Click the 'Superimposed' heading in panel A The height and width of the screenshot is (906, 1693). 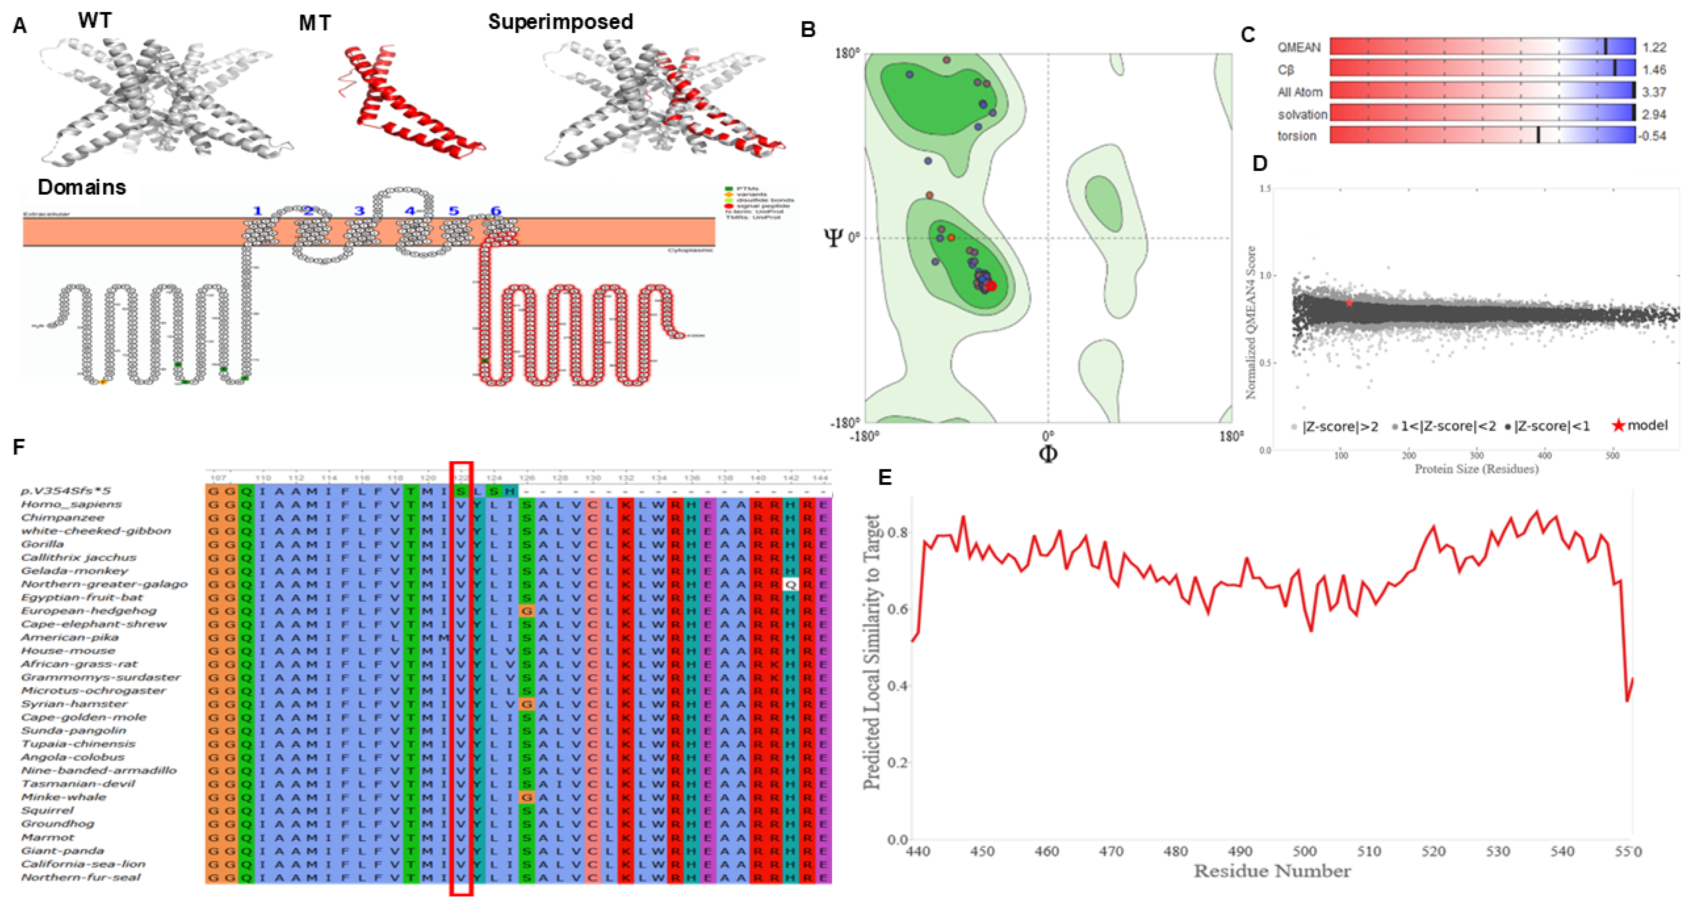tap(560, 22)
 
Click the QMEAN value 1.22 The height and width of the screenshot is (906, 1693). tap(1654, 48)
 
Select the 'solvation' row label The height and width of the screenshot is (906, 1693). tap(1302, 114)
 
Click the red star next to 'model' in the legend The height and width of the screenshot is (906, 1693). tap(1618, 425)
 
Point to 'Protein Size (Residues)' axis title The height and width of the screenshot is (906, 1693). tap(1476, 469)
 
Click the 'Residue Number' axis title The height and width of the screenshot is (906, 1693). tap(1272, 871)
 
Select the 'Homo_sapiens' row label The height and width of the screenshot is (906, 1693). tap(71, 504)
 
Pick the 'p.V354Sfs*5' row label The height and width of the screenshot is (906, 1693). tap(66, 490)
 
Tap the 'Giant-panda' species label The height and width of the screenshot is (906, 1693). tap(62, 851)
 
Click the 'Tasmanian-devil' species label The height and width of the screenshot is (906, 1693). tap(77, 784)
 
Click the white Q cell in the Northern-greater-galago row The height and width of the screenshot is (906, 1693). tap(790, 584)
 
